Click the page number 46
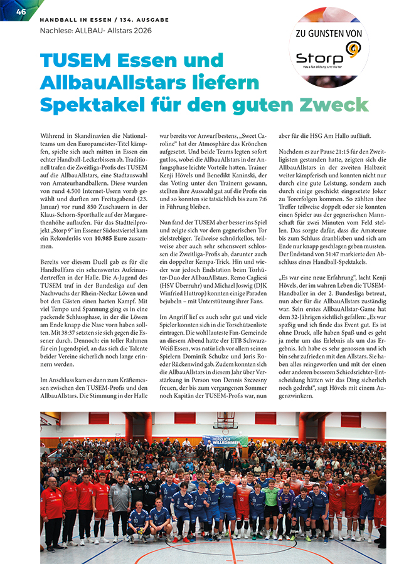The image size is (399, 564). tap(21, 12)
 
